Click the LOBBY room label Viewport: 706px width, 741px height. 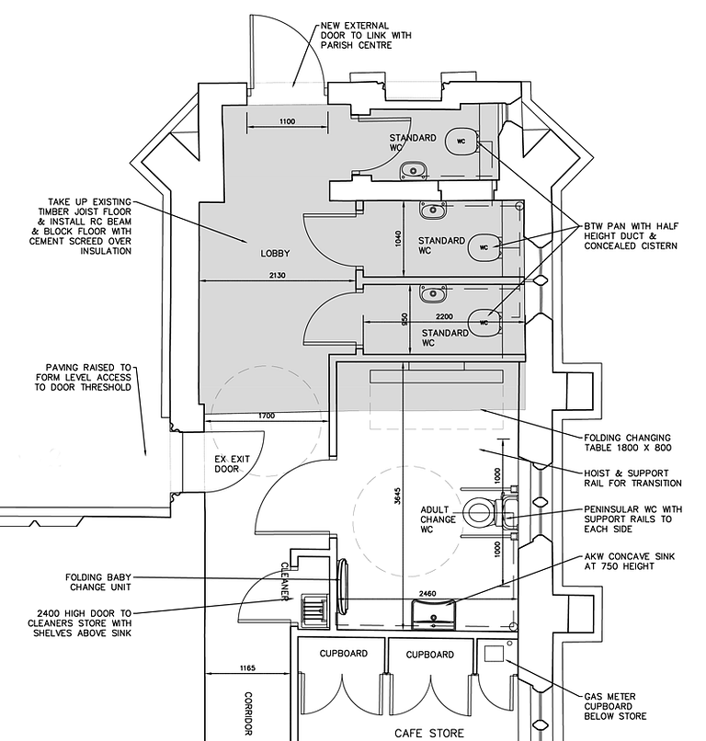(275, 254)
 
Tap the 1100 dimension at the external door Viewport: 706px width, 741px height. (288, 121)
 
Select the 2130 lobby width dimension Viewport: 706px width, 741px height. (278, 275)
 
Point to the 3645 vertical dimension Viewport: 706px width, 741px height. (397, 496)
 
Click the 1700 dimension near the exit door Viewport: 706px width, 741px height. (267, 416)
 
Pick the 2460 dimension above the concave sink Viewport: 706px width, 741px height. (427, 594)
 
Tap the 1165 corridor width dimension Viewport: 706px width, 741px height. (247, 668)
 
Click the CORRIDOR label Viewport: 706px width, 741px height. (248, 713)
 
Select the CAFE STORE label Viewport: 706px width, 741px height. (429, 734)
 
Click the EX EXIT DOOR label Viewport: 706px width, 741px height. (232, 464)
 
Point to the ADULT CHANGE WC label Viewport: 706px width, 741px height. (438, 519)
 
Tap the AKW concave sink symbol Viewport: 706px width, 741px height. (433, 613)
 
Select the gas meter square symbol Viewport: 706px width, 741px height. (495, 654)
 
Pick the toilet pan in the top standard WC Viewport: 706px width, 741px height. (461, 141)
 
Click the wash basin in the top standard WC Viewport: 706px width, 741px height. (414, 170)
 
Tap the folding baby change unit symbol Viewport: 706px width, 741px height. (343, 587)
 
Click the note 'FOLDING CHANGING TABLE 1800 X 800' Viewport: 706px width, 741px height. (628, 443)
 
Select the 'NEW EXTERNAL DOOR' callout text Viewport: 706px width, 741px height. (366, 36)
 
